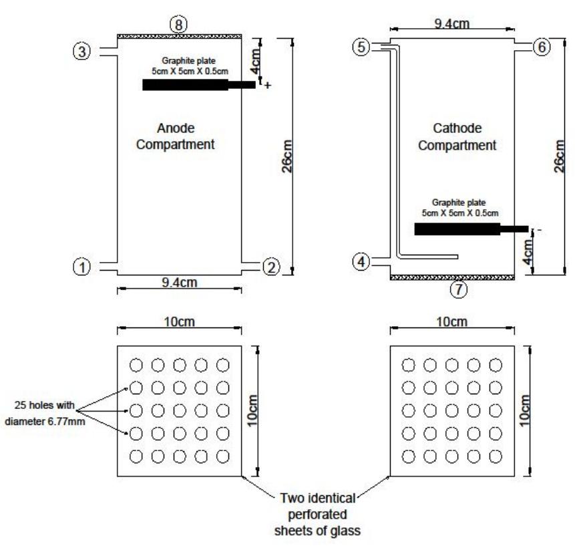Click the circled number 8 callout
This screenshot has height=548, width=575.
[x=179, y=24]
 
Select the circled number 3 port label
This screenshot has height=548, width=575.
[x=82, y=52]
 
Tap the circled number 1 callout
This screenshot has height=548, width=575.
[x=82, y=267]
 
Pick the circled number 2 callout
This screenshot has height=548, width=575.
[x=270, y=267]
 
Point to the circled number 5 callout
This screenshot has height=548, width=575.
[x=361, y=47]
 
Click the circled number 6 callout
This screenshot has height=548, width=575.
[x=542, y=47]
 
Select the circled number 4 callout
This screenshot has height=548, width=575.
[x=361, y=262]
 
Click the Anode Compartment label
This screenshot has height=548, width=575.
[x=180, y=137]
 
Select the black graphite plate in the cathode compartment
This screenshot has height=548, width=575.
[x=457, y=229]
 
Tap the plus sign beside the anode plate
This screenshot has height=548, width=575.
[x=268, y=86]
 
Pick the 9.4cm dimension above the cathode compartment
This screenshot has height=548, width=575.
[x=451, y=24]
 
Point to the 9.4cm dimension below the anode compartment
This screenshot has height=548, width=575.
[x=179, y=283]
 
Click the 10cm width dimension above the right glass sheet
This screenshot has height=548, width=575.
[x=451, y=323]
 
